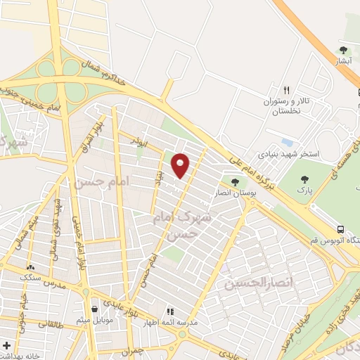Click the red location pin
(x=181, y=166)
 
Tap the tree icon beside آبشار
(x=343, y=50)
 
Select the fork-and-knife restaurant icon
(x=285, y=90)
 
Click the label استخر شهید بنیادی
(x=288, y=153)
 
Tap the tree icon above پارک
(x=304, y=179)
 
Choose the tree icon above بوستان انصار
(x=235, y=182)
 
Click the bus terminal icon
(x=341, y=230)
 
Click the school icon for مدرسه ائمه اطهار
(x=169, y=311)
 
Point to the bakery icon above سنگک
(x=30, y=268)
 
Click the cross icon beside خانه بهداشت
(x=6, y=346)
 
